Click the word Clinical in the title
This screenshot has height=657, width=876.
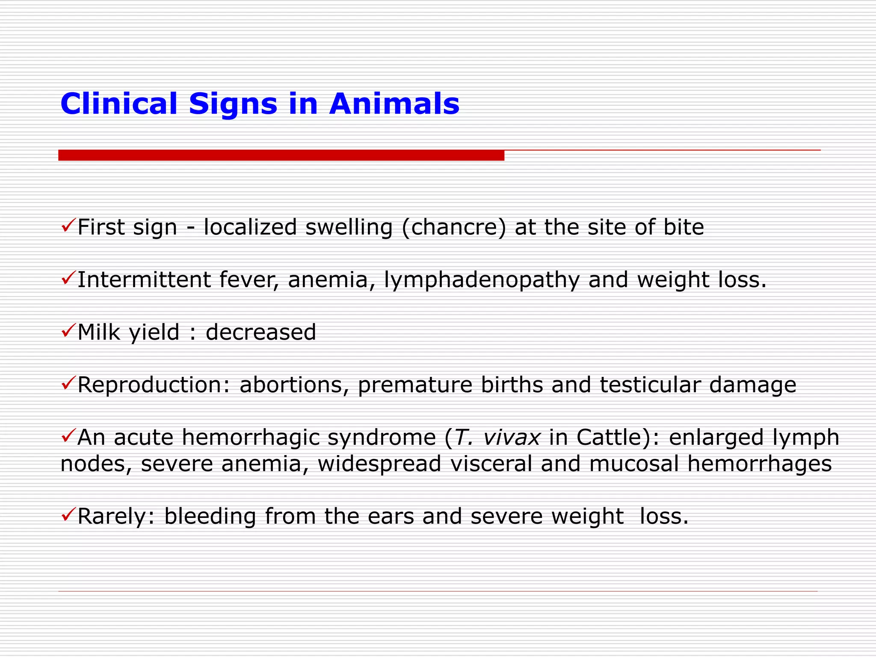[118, 104]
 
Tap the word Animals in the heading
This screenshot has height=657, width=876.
[394, 104]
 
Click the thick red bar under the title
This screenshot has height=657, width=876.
[281, 155]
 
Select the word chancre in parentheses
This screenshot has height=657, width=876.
[453, 227]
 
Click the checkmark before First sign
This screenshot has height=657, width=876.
[68, 225]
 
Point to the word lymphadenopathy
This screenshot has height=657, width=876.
[482, 280]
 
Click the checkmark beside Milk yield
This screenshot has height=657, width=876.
[68, 330]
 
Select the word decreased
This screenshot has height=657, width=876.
[260, 332]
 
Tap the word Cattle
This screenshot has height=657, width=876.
[606, 438]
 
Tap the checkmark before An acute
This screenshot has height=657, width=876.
[68, 435]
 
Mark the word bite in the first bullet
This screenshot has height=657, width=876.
[684, 227]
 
